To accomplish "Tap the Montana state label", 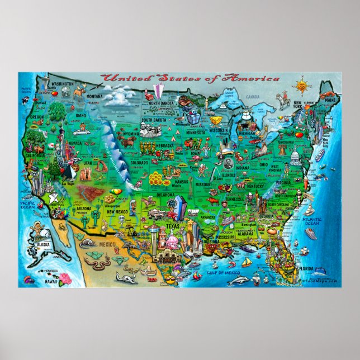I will point(94,96).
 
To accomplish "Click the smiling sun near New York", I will point(302,87).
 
